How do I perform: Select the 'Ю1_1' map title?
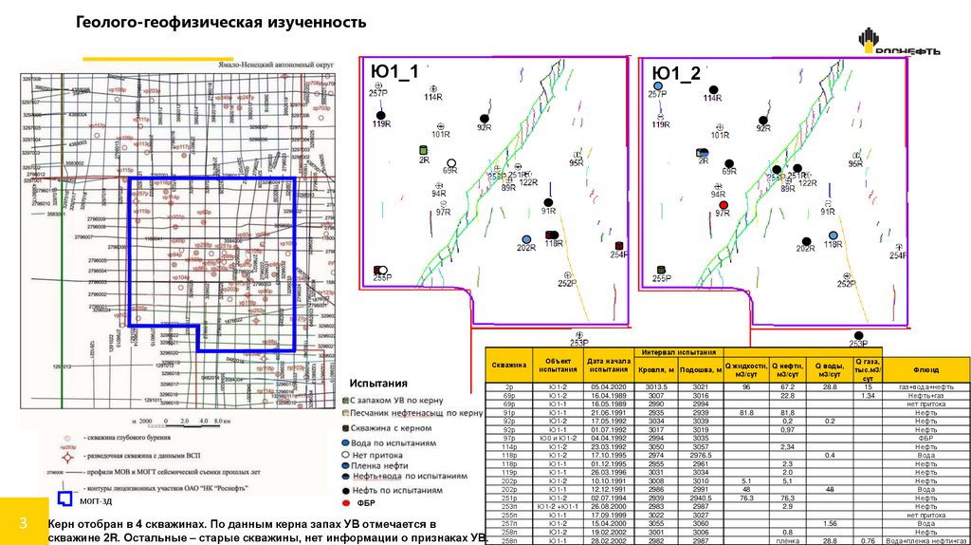(x=396, y=74)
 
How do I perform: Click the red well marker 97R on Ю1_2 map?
(x=724, y=205)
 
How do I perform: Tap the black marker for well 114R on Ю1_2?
(x=714, y=89)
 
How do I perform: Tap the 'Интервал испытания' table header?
(x=679, y=352)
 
